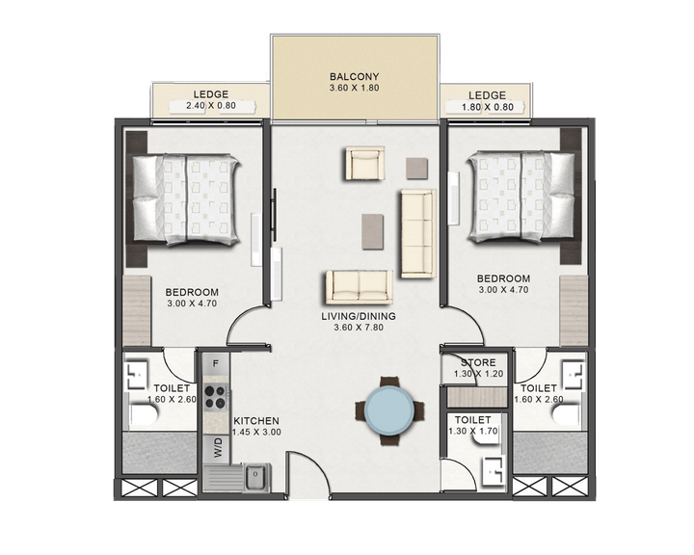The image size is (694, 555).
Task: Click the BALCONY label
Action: (x=354, y=76)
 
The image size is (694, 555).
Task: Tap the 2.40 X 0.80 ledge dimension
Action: (x=210, y=108)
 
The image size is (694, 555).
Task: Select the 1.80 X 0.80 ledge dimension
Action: (x=488, y=108)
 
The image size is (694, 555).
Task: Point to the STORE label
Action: (x=477, y=363)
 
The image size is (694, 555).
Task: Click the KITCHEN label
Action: (x=256, y=421)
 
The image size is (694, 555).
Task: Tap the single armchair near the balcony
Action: (x=365, y=164)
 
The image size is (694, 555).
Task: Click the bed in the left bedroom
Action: (x=187, y=198)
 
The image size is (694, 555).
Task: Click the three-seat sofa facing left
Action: (x=417, y=233)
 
